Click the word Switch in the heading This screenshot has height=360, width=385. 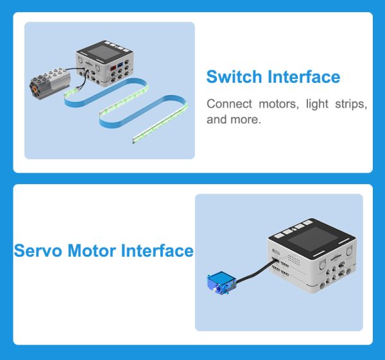tap(234, 77)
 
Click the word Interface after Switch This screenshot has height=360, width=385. tap(304, 77)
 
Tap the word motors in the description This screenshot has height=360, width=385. tap(279, 104)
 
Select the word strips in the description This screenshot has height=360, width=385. tap(351, 104)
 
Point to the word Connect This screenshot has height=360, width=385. tap(229, 103)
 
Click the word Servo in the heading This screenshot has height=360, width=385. tap(38, 251)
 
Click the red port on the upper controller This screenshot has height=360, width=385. tap(113, 68)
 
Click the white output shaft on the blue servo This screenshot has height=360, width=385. tap(215, 290)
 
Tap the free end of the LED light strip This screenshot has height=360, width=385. tap(134, 141)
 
